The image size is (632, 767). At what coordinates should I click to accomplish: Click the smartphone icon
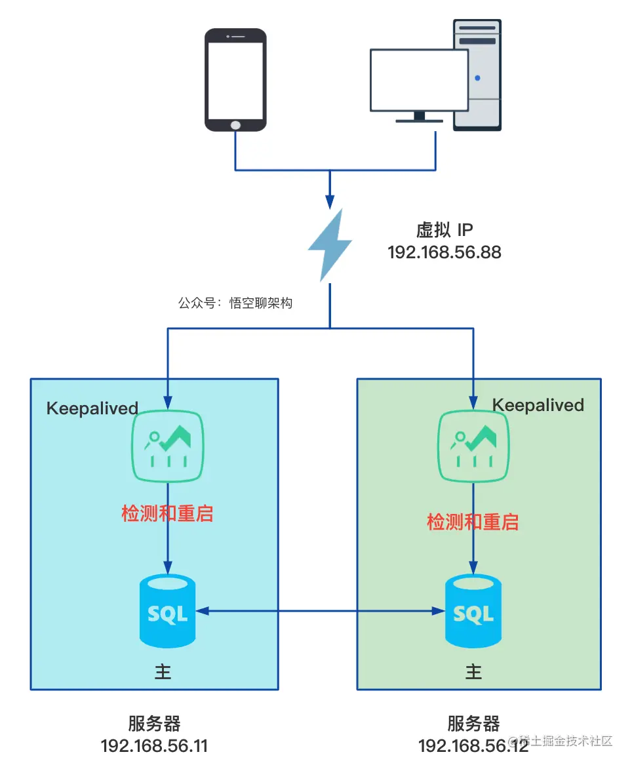tap(235, 80)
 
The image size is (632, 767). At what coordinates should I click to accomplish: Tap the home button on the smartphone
tap(235, 125)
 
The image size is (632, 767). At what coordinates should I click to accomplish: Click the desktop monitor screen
tap(419, 80)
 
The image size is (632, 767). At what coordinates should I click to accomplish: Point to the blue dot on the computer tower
tap(477, 78)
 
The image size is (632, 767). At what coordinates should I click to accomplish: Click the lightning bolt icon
tap(330, 245)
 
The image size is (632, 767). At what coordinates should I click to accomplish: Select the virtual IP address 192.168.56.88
tap(444, 252)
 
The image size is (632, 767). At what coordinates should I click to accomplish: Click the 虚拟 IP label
tap(444, 230)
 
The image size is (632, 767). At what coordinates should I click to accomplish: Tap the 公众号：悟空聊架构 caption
tap(235, 304)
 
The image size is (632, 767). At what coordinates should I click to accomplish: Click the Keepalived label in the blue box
tap(92, 408)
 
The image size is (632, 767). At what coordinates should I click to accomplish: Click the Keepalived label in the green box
tap(538, 405)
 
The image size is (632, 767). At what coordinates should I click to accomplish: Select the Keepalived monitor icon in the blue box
tap(168, 446)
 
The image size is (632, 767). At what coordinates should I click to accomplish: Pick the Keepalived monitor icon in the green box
tap(473, 446)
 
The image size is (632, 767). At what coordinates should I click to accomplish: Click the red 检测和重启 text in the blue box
tap(167, 513)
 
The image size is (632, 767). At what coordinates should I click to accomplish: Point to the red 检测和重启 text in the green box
tap(473, 522)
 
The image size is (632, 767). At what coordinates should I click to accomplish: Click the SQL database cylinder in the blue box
tap(168, 611)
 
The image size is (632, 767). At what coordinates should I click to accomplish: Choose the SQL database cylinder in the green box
tap(473, 611)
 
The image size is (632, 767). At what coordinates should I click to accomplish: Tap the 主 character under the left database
tap(163, 671)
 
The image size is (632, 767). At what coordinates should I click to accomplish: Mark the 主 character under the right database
tap(473, 671)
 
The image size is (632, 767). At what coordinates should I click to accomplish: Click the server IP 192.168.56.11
tap(154, 746)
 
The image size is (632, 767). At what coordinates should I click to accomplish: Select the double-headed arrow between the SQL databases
tap(321, 611)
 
